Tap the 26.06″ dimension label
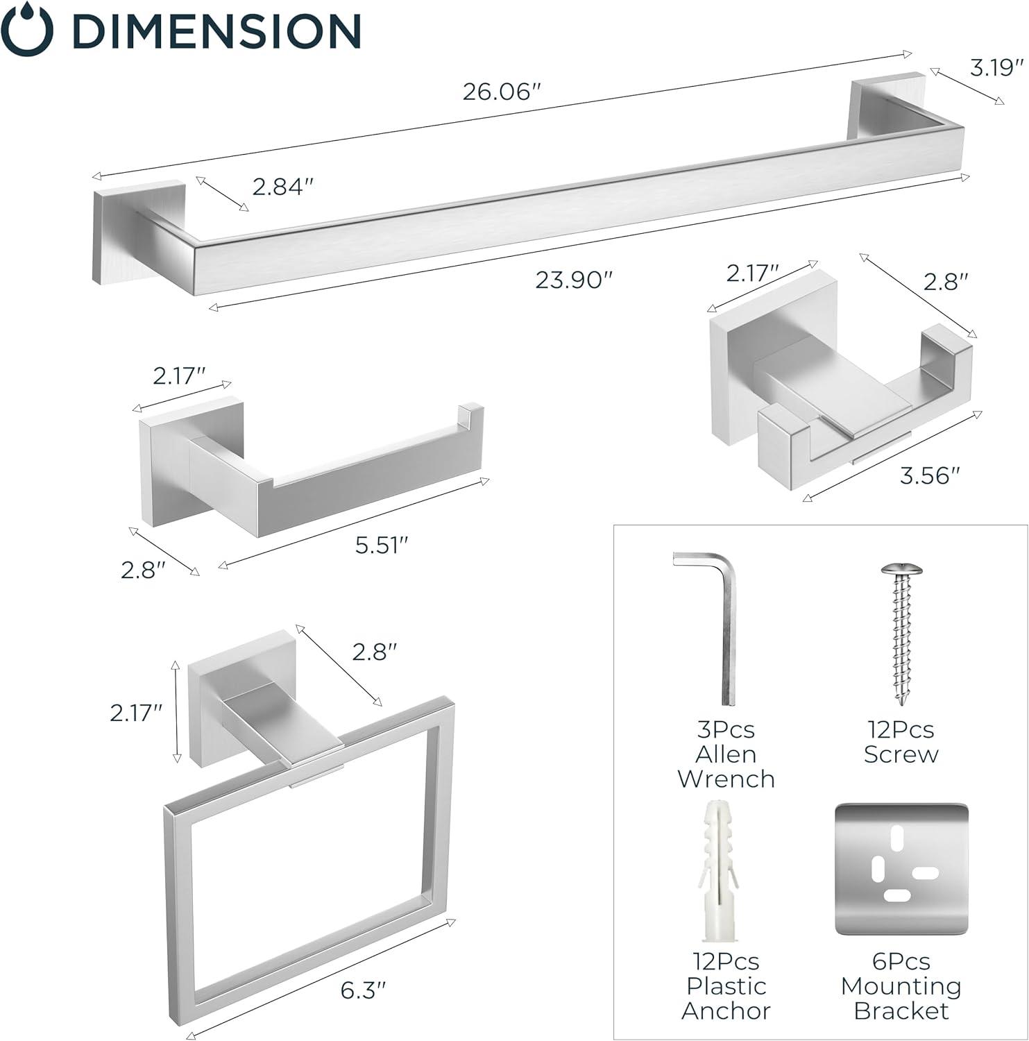(x=501, y=92)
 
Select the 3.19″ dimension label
(x=997, y=67)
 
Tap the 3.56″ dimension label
(x=930, y=475)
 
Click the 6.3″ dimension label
(x=363, y=990)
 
